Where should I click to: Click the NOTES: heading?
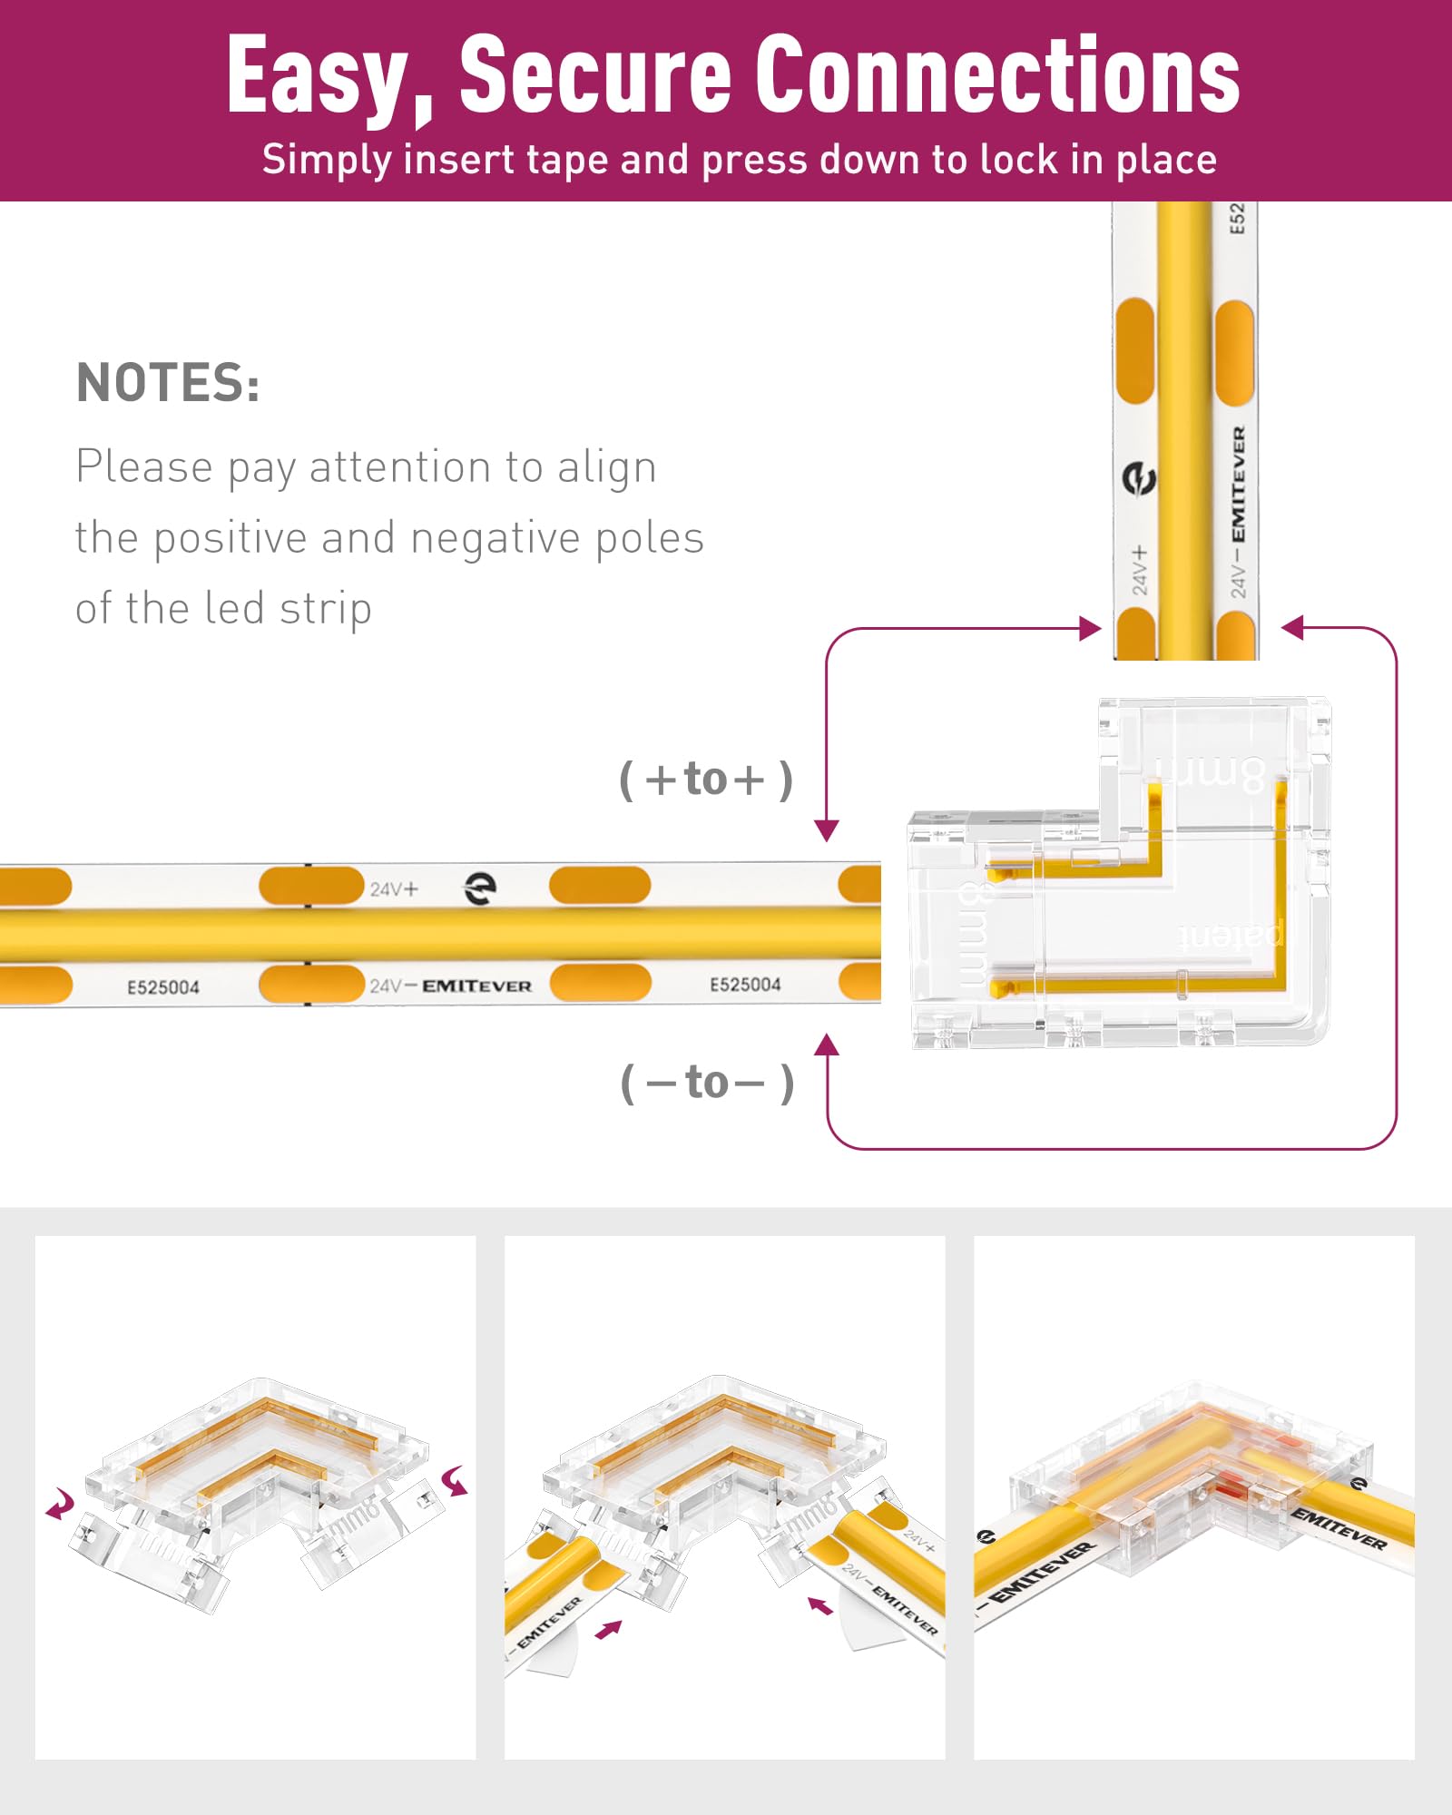(169, 382)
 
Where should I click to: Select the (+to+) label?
(706, 780)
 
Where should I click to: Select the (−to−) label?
(706, 1083)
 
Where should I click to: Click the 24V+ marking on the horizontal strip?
(394, 889)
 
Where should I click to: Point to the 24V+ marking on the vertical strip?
(1140, 570)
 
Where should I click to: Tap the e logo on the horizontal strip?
(480, 888)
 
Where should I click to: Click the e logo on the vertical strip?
(1139, 478)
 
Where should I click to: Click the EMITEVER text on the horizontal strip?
(476, 986)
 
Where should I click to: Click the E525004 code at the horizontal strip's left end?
(163, 987)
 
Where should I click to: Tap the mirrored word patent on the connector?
(1231, 935)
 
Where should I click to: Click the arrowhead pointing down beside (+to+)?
(826, 829)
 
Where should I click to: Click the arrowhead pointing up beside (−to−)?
(826, 1045)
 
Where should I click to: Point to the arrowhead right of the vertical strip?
(1292, 627)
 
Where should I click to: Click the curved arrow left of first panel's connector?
(61, 1505)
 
